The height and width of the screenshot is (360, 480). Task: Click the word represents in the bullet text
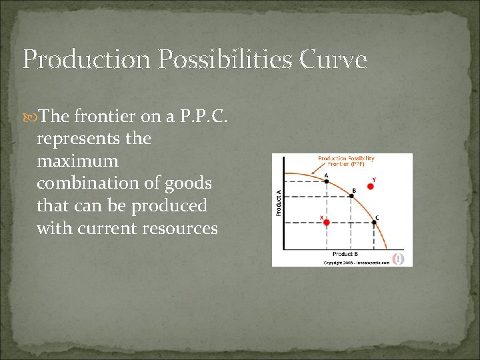[80, 139]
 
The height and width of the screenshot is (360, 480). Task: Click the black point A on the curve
[326, 181]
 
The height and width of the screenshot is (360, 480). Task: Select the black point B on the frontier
[353, 196]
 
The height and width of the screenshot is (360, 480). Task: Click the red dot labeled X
[326, 223]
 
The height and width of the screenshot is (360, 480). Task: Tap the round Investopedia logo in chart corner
[398, 257]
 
